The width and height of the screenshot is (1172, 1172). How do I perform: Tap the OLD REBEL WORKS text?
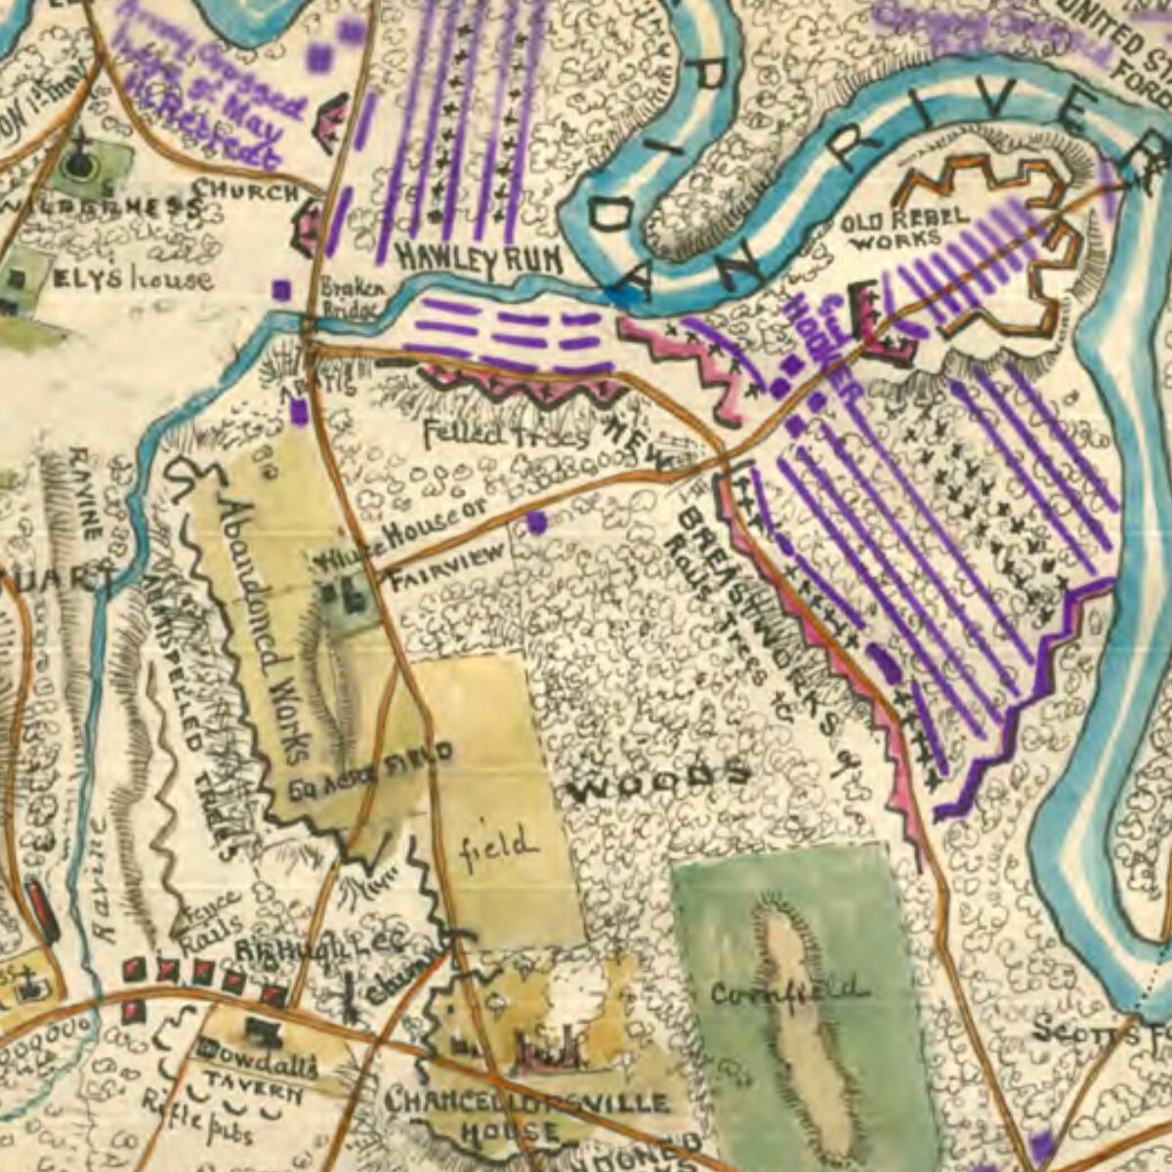tap(892, 227)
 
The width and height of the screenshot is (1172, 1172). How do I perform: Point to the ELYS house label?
tap(132, 279)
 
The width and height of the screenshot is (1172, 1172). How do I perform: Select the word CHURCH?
tap(245, 190)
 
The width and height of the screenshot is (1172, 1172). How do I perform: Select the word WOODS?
tap(658, 782)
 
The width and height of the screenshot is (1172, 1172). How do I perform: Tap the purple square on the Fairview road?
tap(535, 523)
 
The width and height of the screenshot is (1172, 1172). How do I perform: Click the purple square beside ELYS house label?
tap(281, 289)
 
